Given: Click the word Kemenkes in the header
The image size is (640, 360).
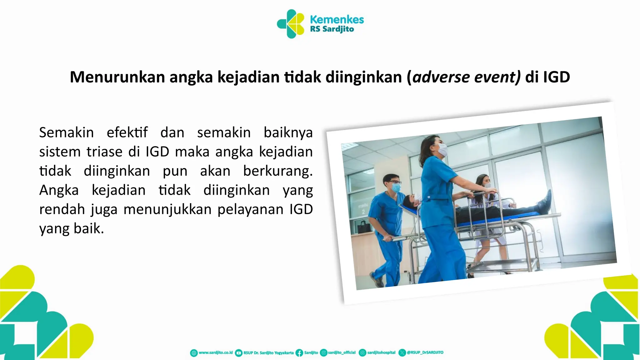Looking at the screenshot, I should (337, 19).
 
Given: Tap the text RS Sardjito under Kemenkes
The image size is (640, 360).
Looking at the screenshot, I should (332, 29).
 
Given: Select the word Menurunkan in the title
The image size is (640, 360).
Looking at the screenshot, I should (117, 77).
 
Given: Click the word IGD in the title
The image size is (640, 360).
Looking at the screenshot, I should (556, 77).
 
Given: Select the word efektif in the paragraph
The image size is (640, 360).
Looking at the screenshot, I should (127, 132).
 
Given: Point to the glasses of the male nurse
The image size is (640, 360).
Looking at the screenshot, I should (394, 182).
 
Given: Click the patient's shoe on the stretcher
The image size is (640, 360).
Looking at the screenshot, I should (546, 200).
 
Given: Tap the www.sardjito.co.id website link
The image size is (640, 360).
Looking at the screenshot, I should (216, 352).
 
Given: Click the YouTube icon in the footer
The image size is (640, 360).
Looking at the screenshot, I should (238, 353).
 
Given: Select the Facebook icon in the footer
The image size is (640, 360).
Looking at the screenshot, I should (299, 353).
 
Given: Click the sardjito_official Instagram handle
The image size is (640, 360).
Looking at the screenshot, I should (342, 352).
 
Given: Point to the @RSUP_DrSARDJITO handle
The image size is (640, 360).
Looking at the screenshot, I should (425, 352).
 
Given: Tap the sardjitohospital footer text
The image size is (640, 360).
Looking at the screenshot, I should (381, 352).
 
